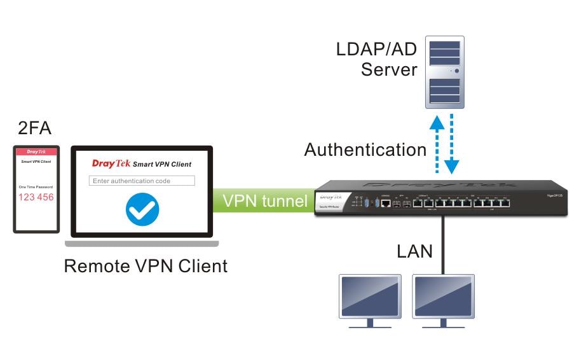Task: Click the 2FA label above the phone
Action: coord(35,130)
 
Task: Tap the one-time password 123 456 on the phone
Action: coord(36,197)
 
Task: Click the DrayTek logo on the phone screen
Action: coord(36,152)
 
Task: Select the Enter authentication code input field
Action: coord(142,181)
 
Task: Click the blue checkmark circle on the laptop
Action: coord(142,209)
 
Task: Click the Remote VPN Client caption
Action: coord(146,265)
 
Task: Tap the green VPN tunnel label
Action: coord(264,201)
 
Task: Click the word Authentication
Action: coord(365,150)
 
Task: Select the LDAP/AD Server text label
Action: coord(376,59)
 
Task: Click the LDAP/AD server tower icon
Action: coord(444,70)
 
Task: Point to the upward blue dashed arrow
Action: coord(437,144)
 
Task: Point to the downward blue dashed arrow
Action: coord(452,146)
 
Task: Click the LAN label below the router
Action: coord(414,251)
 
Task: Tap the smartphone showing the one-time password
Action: coord(36,189)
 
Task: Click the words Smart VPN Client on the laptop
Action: coord(162,164)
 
